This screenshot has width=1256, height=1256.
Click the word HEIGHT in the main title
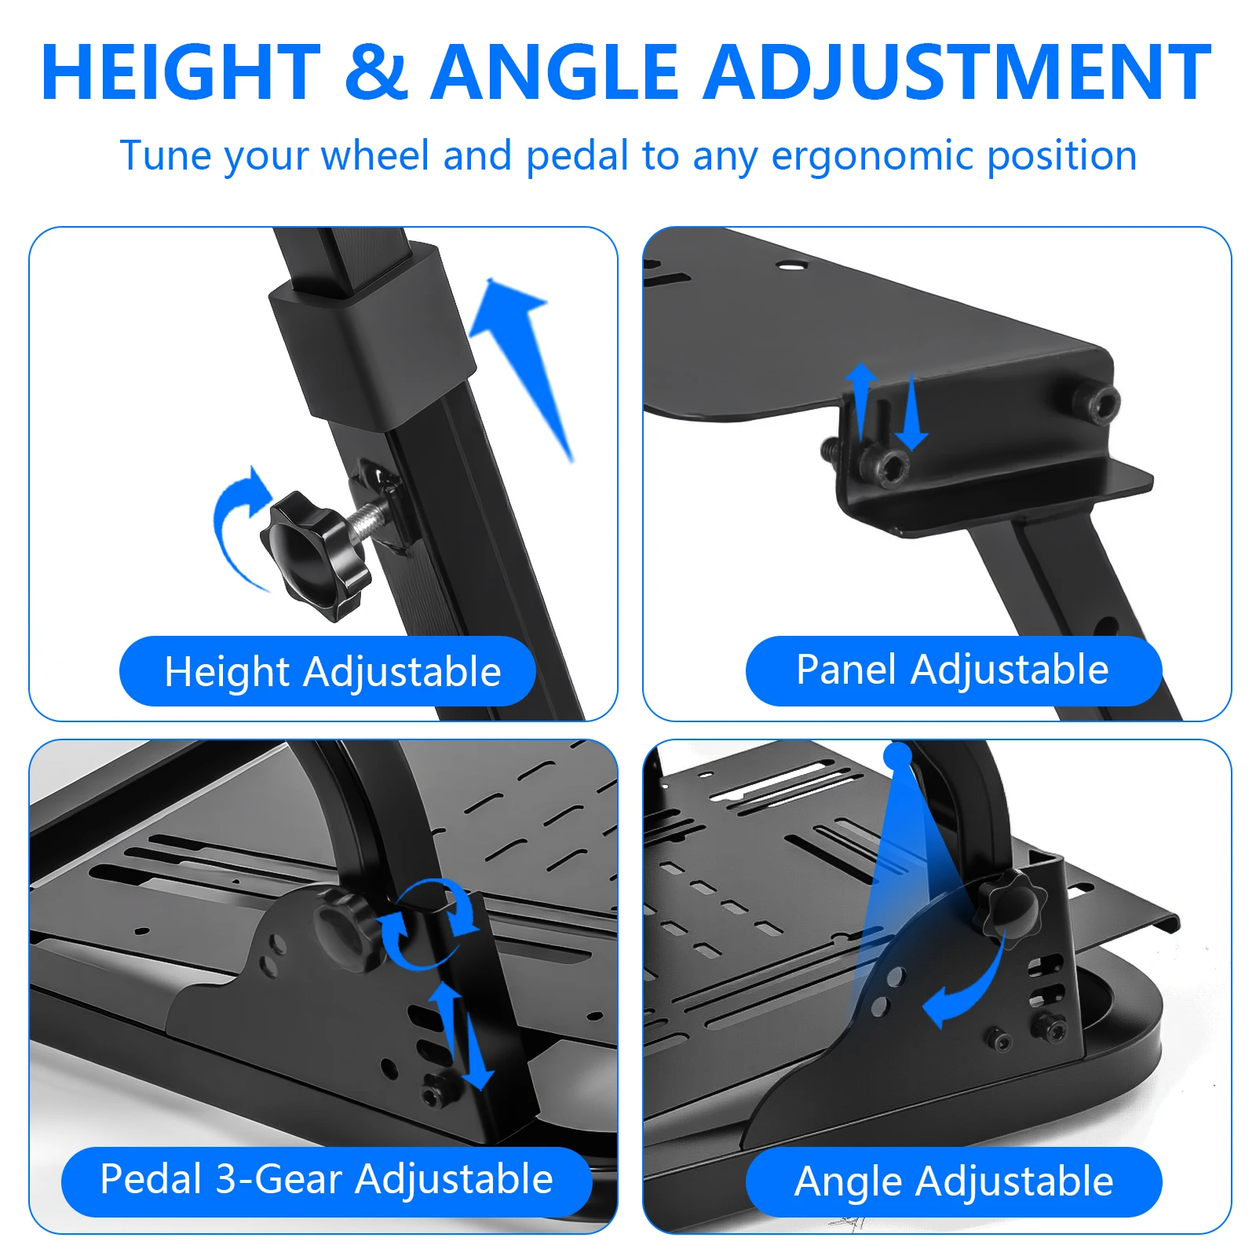[x=181, y=72]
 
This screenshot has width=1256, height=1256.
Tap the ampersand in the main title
[x=376, y=72]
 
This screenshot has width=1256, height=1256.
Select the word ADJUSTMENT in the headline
[x=957, y=72]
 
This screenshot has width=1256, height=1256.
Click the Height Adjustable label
[x=327, y=671]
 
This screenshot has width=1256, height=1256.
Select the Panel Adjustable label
[x=953, y=670]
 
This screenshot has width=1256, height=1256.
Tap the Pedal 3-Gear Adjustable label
[x=327, y=1181]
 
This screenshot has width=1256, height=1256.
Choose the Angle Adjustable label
[x=953, y=1181]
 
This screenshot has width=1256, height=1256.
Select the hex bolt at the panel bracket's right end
[x=1098, y=404]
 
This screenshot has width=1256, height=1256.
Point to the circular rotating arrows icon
[x=429, y=923]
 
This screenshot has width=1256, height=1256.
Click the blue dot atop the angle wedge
[x=898, y=755]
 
